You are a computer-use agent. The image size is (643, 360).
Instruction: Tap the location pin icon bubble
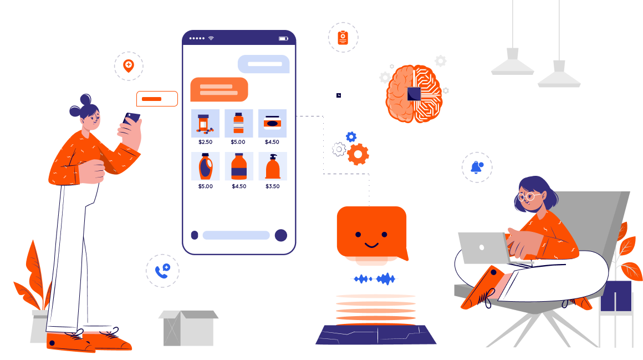(129, 66)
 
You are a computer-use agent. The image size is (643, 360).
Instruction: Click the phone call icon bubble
(162, 271)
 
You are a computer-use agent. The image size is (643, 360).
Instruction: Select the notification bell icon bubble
(477, 167)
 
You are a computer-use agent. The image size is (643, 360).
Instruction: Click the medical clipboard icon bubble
(343, 38)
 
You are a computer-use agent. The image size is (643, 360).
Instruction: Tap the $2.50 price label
(205, 142)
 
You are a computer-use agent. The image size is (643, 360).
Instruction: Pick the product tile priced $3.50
(272, 166)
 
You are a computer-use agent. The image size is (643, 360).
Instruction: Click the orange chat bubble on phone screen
(219, 89)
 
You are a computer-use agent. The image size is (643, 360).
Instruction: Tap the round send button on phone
(281, 235)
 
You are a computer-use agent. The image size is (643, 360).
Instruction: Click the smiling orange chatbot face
(371, 233)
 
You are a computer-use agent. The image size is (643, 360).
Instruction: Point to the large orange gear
(358, 154)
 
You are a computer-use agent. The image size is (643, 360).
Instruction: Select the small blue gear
(351, 136)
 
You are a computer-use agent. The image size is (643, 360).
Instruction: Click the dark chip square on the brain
(414, 94)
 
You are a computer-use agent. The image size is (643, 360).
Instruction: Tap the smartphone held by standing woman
(132, 118)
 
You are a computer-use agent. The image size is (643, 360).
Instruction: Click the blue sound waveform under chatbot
(375, 278)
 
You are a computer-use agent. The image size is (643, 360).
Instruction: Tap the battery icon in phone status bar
(283, 38)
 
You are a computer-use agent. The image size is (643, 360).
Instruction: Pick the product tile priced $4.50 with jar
(272, 123)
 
